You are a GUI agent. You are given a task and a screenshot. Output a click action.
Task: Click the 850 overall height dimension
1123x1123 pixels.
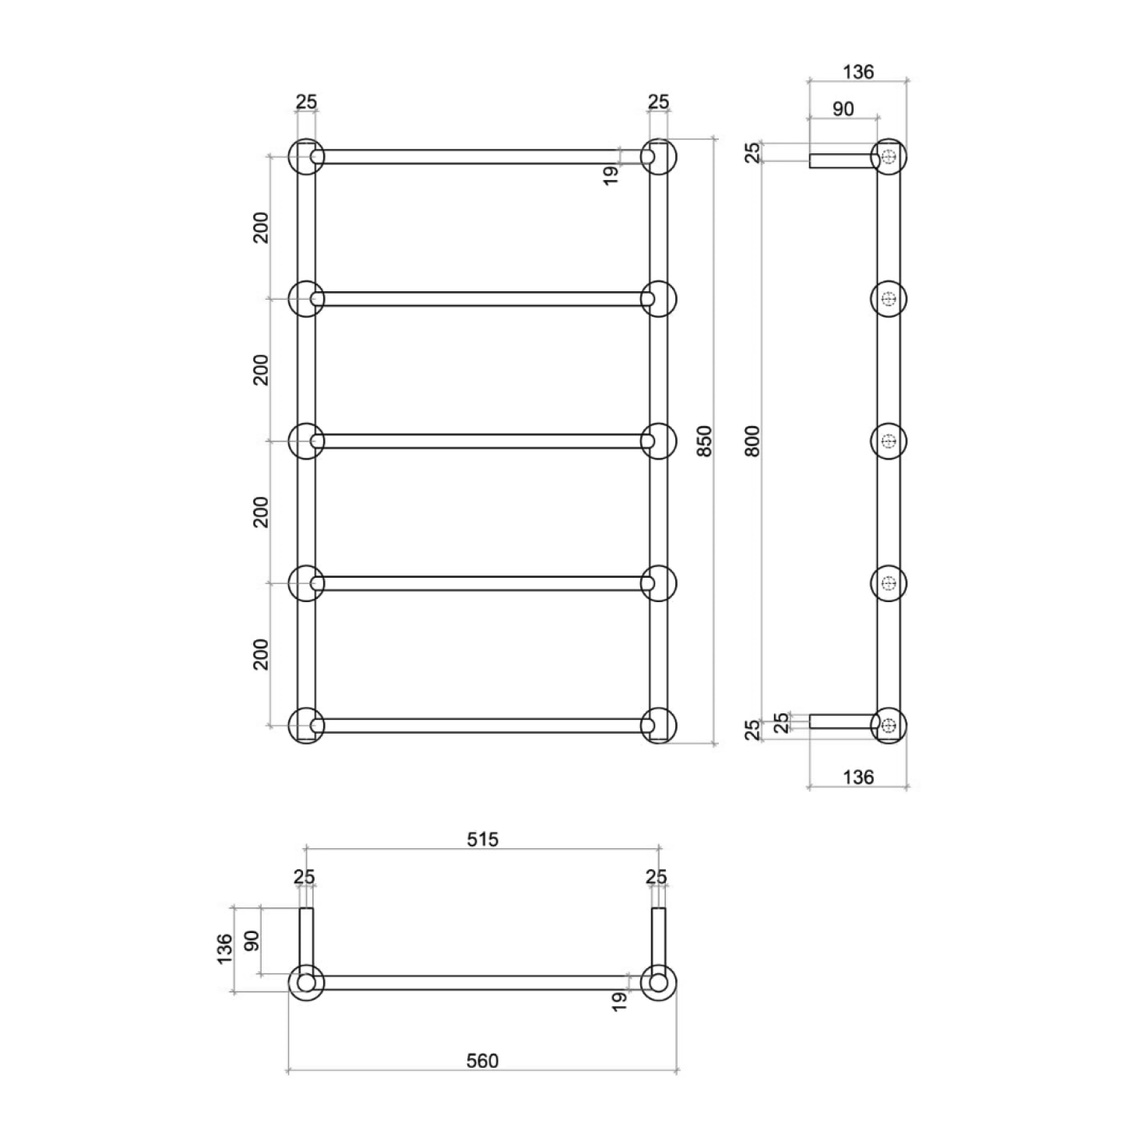705,441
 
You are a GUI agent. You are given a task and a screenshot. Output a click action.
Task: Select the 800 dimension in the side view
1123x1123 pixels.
753,441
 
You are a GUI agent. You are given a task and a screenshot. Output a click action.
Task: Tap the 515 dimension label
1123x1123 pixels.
483,840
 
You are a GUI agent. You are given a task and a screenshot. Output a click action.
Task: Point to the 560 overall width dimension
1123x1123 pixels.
483,1061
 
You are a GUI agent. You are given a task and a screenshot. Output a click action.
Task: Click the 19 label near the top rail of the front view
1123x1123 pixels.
610,175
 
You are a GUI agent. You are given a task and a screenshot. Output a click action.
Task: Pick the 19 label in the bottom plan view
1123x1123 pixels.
619,1002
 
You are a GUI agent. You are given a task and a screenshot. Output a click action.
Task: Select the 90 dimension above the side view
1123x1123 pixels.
843,109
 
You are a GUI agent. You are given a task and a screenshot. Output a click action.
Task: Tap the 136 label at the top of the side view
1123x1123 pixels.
858,72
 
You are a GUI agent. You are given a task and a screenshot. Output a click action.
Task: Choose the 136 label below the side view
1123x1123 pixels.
858,777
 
